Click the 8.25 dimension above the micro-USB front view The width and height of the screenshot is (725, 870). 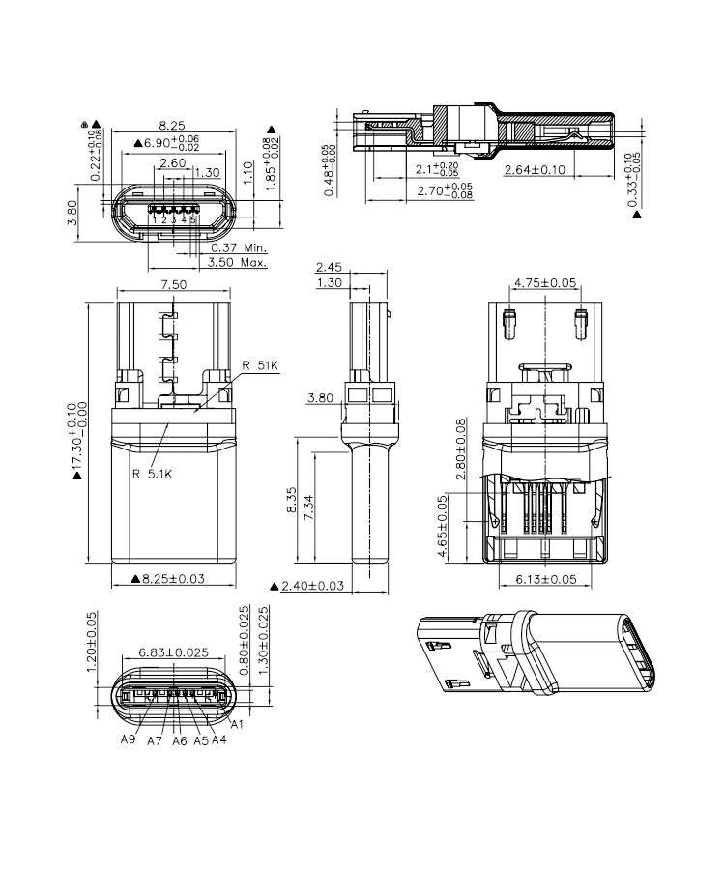pos(172,126)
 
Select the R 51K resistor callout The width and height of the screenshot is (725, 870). pos(260,365)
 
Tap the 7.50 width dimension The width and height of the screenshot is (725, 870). pos(173,284)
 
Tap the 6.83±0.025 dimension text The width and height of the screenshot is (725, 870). pos(174,652)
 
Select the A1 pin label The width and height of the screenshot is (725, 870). pos(235,725)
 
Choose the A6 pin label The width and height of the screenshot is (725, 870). pos(180,741)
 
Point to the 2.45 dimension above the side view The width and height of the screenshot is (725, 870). pos(330,267)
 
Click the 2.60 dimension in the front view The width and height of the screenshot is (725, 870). pos(173,163)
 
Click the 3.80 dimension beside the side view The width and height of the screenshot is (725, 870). pos(320,397)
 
